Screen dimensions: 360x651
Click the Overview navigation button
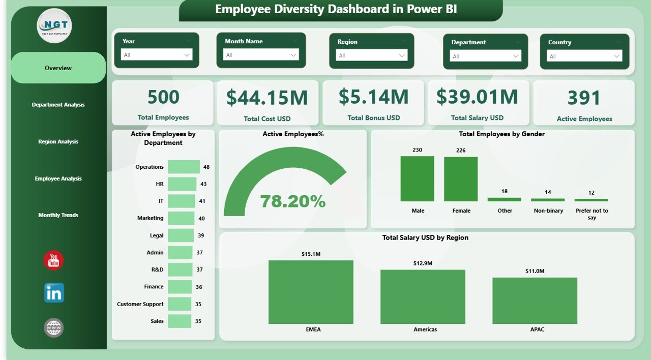click(x=58, y=68)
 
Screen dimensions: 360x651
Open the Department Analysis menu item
click(x=58, y=105)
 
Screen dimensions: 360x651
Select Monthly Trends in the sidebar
click(x=58, y=215)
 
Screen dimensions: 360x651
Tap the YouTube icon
click(x=53, y=261)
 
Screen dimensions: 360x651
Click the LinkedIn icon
click(x=54, y=293)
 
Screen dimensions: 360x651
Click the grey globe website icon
click(x=54, y=328)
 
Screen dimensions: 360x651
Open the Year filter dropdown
click(x=157, y=54)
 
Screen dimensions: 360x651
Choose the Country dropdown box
click(x=584, y=56)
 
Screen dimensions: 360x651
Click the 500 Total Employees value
click(x=163, y=97)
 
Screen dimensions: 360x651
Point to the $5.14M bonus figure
click(x=373, y=97)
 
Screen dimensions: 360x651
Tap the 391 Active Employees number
click(x=584, y=98)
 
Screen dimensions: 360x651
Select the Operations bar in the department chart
click(x=184, y=167)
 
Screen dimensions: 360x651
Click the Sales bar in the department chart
click(x=180, y=321)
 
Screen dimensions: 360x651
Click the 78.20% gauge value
click(x=293, y=201)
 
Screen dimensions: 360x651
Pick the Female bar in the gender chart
click(x=461, y=179)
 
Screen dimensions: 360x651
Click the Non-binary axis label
click(x=548, y=211)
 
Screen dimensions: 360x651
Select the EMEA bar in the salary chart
click(x=311, y=292)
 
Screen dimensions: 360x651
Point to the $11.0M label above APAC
click(x=535, y=271)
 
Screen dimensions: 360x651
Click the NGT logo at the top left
click(x=54, y=26)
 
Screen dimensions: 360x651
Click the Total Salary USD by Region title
click(x=425, y=237)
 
